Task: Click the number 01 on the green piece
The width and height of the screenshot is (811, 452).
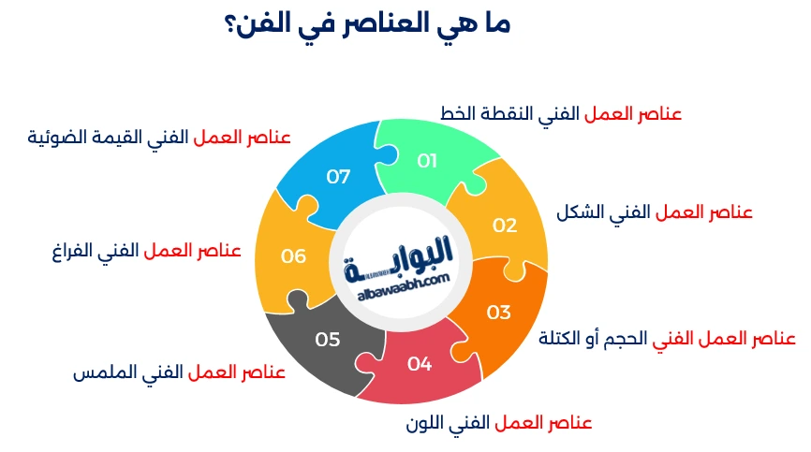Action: tap(427, 161)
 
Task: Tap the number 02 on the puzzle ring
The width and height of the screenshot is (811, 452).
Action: tap(505, 225)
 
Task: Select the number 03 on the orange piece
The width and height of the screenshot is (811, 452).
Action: tap(498, 312)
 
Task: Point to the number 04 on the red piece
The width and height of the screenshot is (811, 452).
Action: tap(420, 364)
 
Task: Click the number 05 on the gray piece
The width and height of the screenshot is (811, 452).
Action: tap(328, 340)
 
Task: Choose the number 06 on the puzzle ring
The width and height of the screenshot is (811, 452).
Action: tap(293, 255)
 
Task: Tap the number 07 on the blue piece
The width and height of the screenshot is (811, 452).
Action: tap(338, 175)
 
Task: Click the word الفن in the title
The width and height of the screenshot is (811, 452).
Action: tap(253, 26)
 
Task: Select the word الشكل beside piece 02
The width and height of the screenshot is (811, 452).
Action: tap(578, 212)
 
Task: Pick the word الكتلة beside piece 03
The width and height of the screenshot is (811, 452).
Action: tap(560, 338)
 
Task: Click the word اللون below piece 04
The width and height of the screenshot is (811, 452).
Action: tap(424, 422)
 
